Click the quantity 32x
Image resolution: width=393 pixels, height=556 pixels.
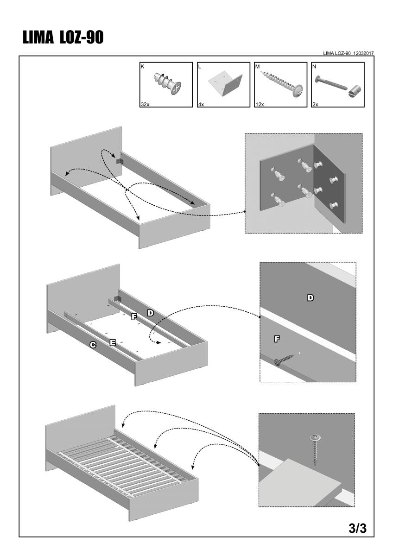[145, 105]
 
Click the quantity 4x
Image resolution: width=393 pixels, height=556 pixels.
[201, 105]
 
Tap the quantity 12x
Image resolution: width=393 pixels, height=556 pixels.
[260, 105]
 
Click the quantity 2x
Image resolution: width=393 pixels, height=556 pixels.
[315, 105]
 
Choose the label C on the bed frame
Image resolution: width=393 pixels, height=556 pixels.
[93, 345]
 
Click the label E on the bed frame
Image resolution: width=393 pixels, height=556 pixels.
[113, 342]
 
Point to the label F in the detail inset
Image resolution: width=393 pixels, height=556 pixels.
[277, 340]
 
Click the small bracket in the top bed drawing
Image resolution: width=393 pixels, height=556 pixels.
[119, 160]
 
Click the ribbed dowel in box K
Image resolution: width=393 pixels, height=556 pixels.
[166, 84]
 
